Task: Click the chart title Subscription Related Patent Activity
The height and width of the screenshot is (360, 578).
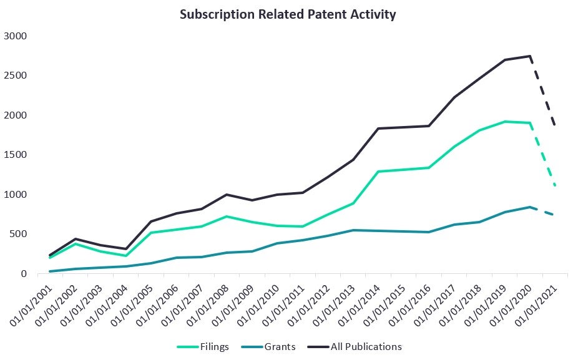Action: pyautogui.click(x=288, y=14)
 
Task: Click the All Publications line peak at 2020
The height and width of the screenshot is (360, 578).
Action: pyautogui.click(x=530, y=56)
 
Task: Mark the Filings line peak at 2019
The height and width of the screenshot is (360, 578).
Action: pyautogui.click(x=504, y=122)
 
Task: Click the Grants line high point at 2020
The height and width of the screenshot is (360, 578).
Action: pyautogui.click(x=530, y=207)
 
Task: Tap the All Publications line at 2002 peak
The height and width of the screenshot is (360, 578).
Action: pyautogui.click(x=76, y=239)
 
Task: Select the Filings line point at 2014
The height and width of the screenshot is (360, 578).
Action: pyautogui.click(x=378, y=172)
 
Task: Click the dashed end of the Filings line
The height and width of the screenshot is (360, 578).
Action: pyautogui.click(x=555, y=185)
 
